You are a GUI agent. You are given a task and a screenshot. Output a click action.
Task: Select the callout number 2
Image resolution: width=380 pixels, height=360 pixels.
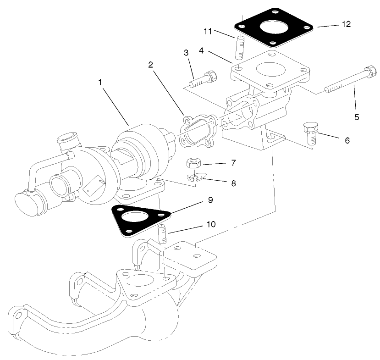(x=150, y=65)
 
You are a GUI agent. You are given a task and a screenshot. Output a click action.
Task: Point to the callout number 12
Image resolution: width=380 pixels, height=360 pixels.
(x=346, y=24)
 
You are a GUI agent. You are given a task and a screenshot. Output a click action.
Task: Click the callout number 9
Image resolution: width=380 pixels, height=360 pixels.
(x=210, y=200)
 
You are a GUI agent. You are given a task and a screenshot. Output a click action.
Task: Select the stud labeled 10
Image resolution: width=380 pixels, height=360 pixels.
(x=163, y=235)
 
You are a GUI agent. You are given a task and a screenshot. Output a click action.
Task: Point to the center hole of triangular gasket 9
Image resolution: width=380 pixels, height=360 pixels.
(x=135, y=217)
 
